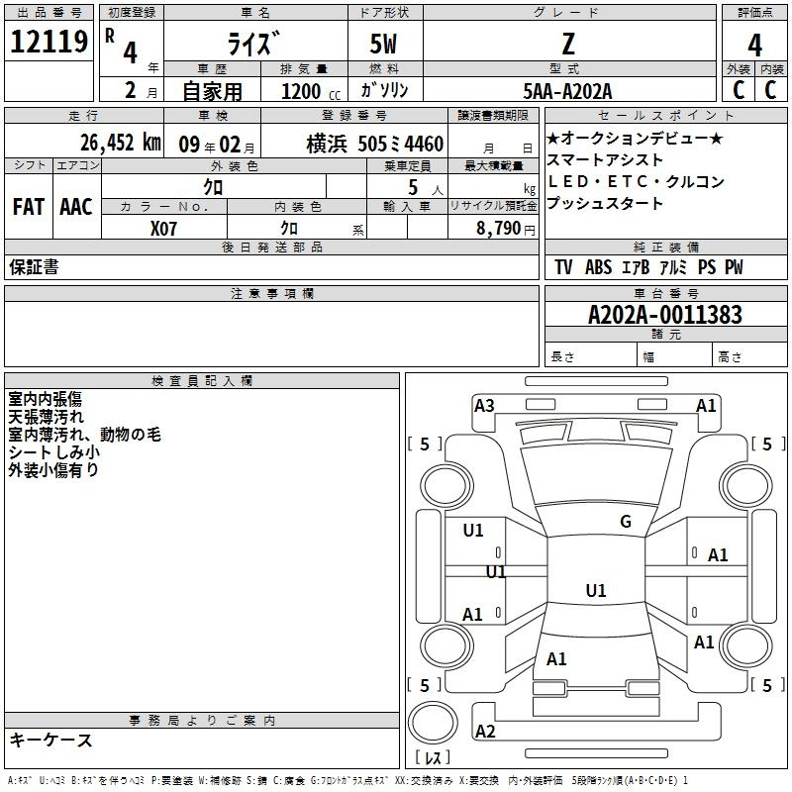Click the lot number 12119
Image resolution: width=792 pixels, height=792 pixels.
[x=49, y=42]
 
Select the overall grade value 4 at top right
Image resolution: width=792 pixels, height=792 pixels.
[x=754, y=45]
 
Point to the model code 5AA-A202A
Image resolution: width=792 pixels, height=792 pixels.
[x=568, y=91]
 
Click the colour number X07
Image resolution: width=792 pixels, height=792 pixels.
[x=164, y=227]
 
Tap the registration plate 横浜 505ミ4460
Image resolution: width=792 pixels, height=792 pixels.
[x=374, y=144]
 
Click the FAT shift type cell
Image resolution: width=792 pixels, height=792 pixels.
[x=28, y=207]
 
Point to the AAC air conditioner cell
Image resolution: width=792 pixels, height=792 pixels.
[x=76, y=207]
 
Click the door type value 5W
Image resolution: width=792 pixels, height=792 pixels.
[x=385, y=45]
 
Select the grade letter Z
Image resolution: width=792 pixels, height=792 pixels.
[x=568, y=44]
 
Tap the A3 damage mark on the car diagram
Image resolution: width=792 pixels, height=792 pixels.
[x=484, y=405]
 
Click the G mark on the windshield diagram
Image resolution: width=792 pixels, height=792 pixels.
[x=625, y=522]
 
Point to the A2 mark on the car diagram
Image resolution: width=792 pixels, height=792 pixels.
[x=485, y=732]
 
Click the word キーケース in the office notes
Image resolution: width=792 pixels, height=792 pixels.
[x=51, y=740]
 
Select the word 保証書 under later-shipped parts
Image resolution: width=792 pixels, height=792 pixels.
[x=34, y=267]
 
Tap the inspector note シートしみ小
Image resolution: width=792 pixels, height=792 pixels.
[x=53, y=451]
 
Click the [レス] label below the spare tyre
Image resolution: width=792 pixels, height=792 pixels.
[x=433, y=758]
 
